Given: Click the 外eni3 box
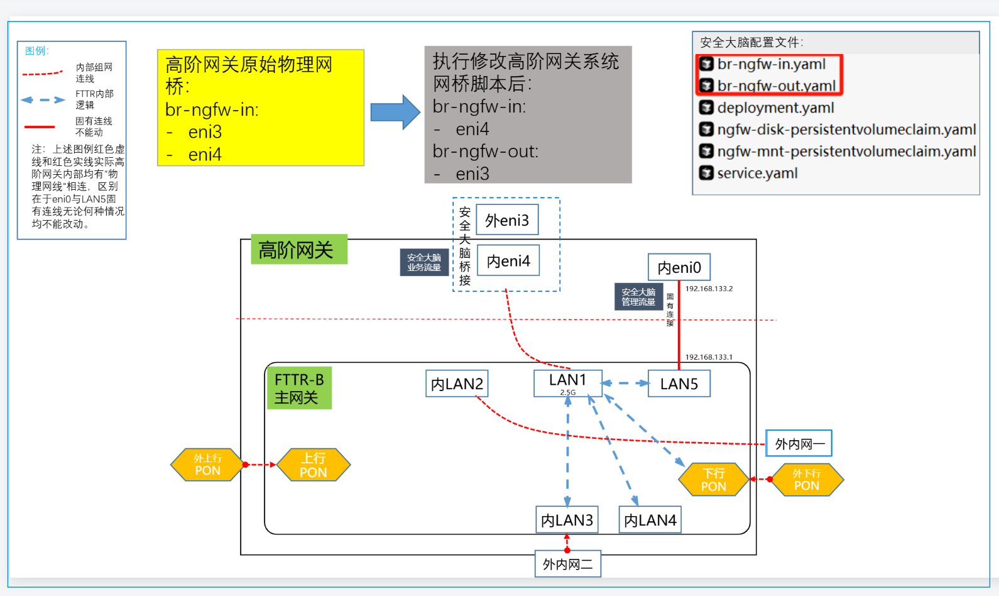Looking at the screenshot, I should (x=507, y=220).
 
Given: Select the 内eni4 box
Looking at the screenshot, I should (x=508, y=260).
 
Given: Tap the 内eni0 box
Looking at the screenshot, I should (x=679, y=267).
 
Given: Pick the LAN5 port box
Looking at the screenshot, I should (x=679, y=384).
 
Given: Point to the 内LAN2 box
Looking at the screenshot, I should (x=457, y=384).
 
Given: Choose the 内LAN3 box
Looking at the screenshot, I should (x=567, y=520).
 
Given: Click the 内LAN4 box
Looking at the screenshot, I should (x=650, y=520).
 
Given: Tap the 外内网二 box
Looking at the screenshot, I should (x=568, y=564).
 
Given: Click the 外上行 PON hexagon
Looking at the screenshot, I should (x=207, y=465).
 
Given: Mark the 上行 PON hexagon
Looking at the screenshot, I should (x=314, y=465).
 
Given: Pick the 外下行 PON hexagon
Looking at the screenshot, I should (x=807, y=480).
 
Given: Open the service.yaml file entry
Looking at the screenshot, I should (x=757, y=174).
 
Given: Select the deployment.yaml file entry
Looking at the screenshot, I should (x=775, y=108).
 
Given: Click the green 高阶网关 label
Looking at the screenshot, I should (x=298, y=250).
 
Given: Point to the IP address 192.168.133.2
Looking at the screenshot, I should (x=709, y=289).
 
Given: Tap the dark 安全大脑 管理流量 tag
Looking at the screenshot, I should (x=638, y=297).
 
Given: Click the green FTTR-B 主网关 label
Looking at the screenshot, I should (x=299, y=389).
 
